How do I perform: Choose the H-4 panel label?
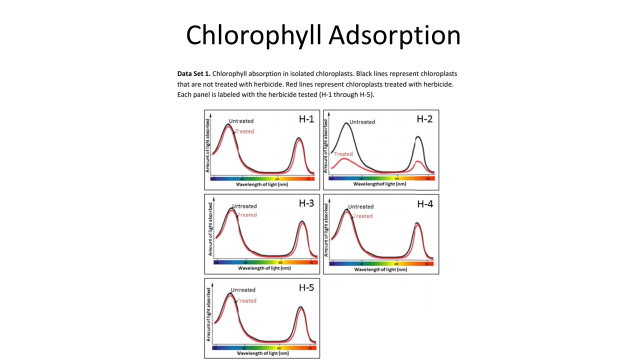coord(425,203)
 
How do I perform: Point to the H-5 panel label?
coord(306,287)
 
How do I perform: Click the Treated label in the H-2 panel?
coord(343,154)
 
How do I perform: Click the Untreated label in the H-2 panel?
coord(362,122)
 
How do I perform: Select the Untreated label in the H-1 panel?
coord(241,121)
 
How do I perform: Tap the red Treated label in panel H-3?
coord(247,215)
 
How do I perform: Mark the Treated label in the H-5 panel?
coord(246,301)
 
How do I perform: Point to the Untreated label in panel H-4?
coord(360,206)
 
